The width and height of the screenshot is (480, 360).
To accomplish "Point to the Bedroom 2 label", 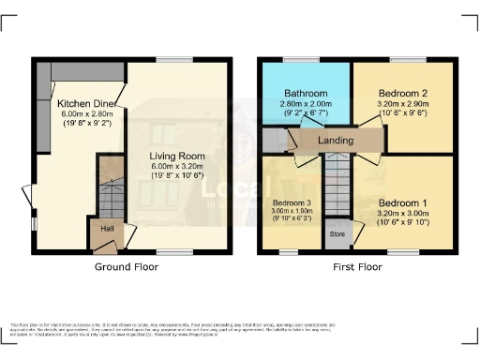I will (402, 94).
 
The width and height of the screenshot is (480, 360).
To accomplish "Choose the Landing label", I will (336, 141).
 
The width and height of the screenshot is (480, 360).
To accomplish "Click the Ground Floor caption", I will (127, 267).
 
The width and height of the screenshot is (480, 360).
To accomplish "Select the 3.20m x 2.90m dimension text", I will (402, 104).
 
